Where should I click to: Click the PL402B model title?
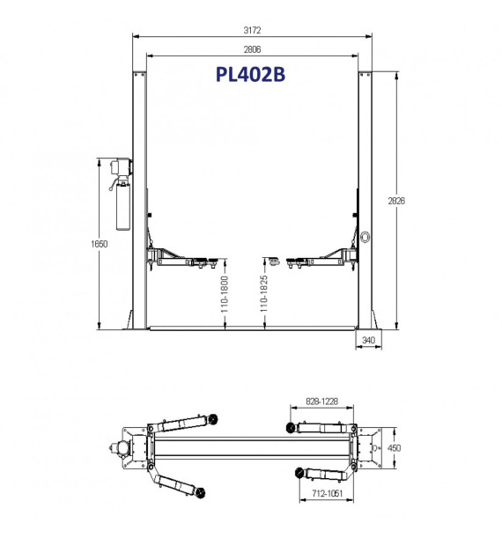250,74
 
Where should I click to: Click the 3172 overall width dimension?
252,30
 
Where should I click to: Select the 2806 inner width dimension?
252,49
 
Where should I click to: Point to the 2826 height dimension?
396,201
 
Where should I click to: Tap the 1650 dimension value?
100,244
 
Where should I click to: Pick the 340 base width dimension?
368,340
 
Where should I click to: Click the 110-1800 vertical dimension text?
224,294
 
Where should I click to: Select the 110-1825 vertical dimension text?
263,293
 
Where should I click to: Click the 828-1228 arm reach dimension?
321,402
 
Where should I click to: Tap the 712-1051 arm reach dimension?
327,493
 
